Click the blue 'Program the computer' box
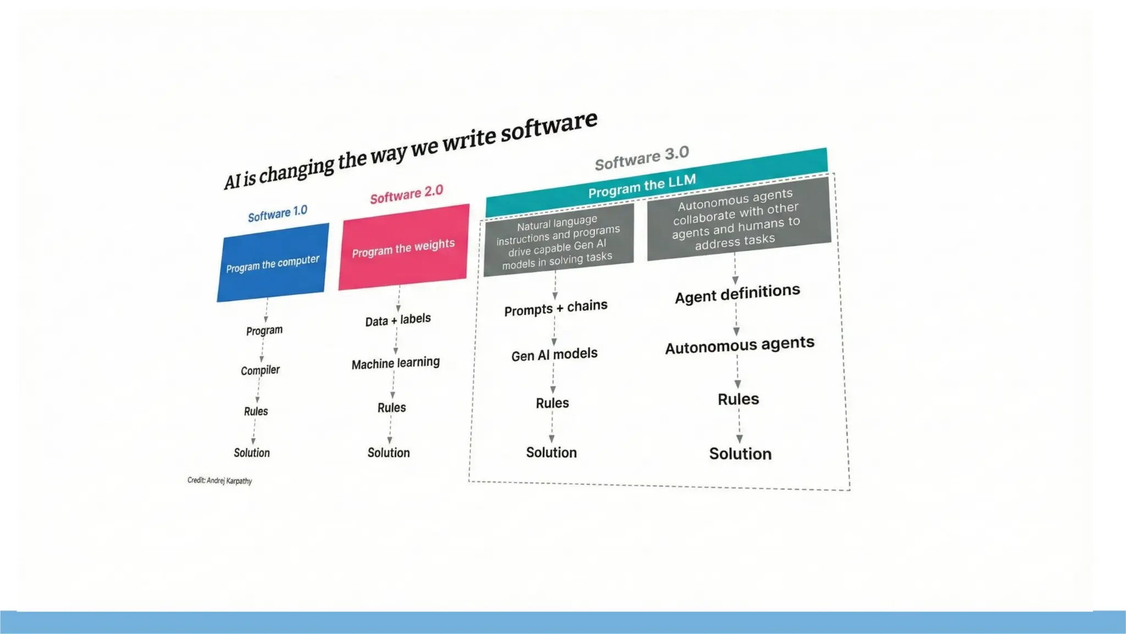pos(273,263)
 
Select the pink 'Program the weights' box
pos(404,248)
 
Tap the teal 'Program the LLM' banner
pos(642,185)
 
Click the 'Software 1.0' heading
pos(278,214)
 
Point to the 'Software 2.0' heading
pos(406,194)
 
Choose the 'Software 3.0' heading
pos(642,158)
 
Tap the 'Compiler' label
pos(260,370)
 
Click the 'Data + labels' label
pos(398,320)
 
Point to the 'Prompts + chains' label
pos(556,308)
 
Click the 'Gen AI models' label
pos(554,354)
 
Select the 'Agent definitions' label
pos(737,294)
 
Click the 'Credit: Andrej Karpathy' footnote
pos(220,480)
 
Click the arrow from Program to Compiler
pos(262,350)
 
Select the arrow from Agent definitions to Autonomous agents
pos(736,319)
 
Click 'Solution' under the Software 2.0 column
pos(389,452)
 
